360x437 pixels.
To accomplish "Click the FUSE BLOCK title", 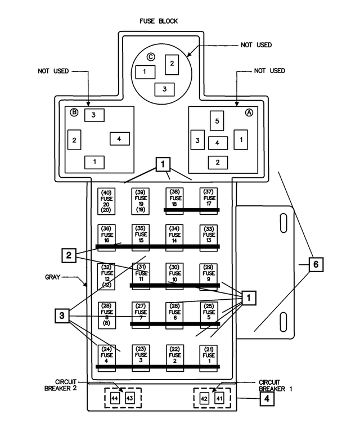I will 159,21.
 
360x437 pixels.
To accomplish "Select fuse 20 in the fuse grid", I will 106,201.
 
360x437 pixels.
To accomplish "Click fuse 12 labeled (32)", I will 106,277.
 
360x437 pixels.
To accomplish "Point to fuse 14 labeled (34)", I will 175,236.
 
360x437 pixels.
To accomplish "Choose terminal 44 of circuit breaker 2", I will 115,398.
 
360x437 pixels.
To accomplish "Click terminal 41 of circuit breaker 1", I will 219,398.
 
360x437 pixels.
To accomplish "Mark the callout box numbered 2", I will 69,255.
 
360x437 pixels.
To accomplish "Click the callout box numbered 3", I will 62,316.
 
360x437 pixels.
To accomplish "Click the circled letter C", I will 150,56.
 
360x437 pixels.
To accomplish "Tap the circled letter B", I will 74,112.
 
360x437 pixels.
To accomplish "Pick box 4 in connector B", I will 119,138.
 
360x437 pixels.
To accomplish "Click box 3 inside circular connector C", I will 164,89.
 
